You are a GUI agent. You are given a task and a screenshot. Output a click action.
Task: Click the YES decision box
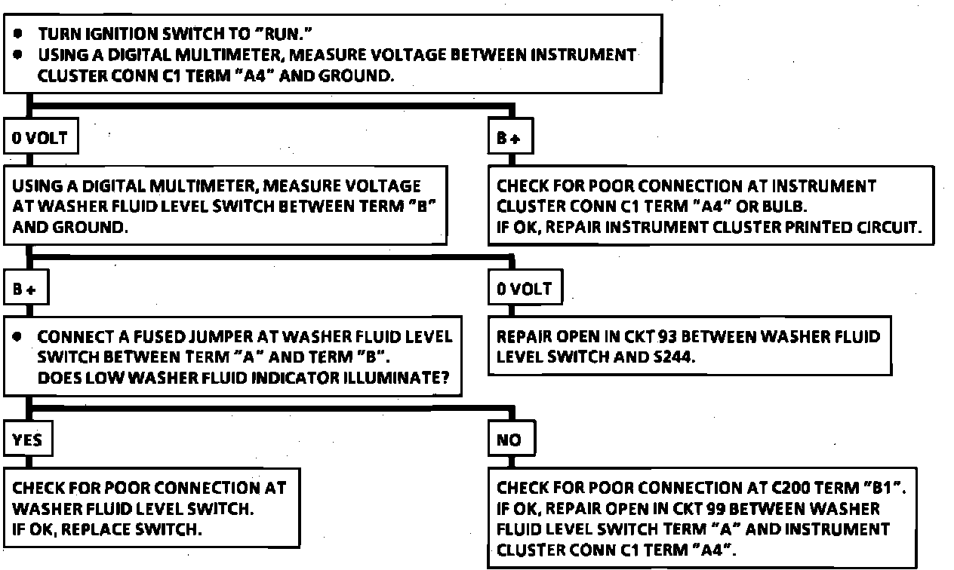[x=28, y=440]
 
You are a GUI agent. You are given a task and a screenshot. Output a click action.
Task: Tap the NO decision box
[x=509, y=440]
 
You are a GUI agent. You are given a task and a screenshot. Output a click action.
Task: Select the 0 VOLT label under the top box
[x=40, y=139]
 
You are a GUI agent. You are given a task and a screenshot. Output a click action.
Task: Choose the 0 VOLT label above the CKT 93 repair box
[x=525, y=290]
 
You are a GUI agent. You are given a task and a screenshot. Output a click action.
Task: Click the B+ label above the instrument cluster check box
[x=509, y=139]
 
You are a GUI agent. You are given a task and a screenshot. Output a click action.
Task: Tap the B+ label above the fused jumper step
[x=24, y=290]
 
